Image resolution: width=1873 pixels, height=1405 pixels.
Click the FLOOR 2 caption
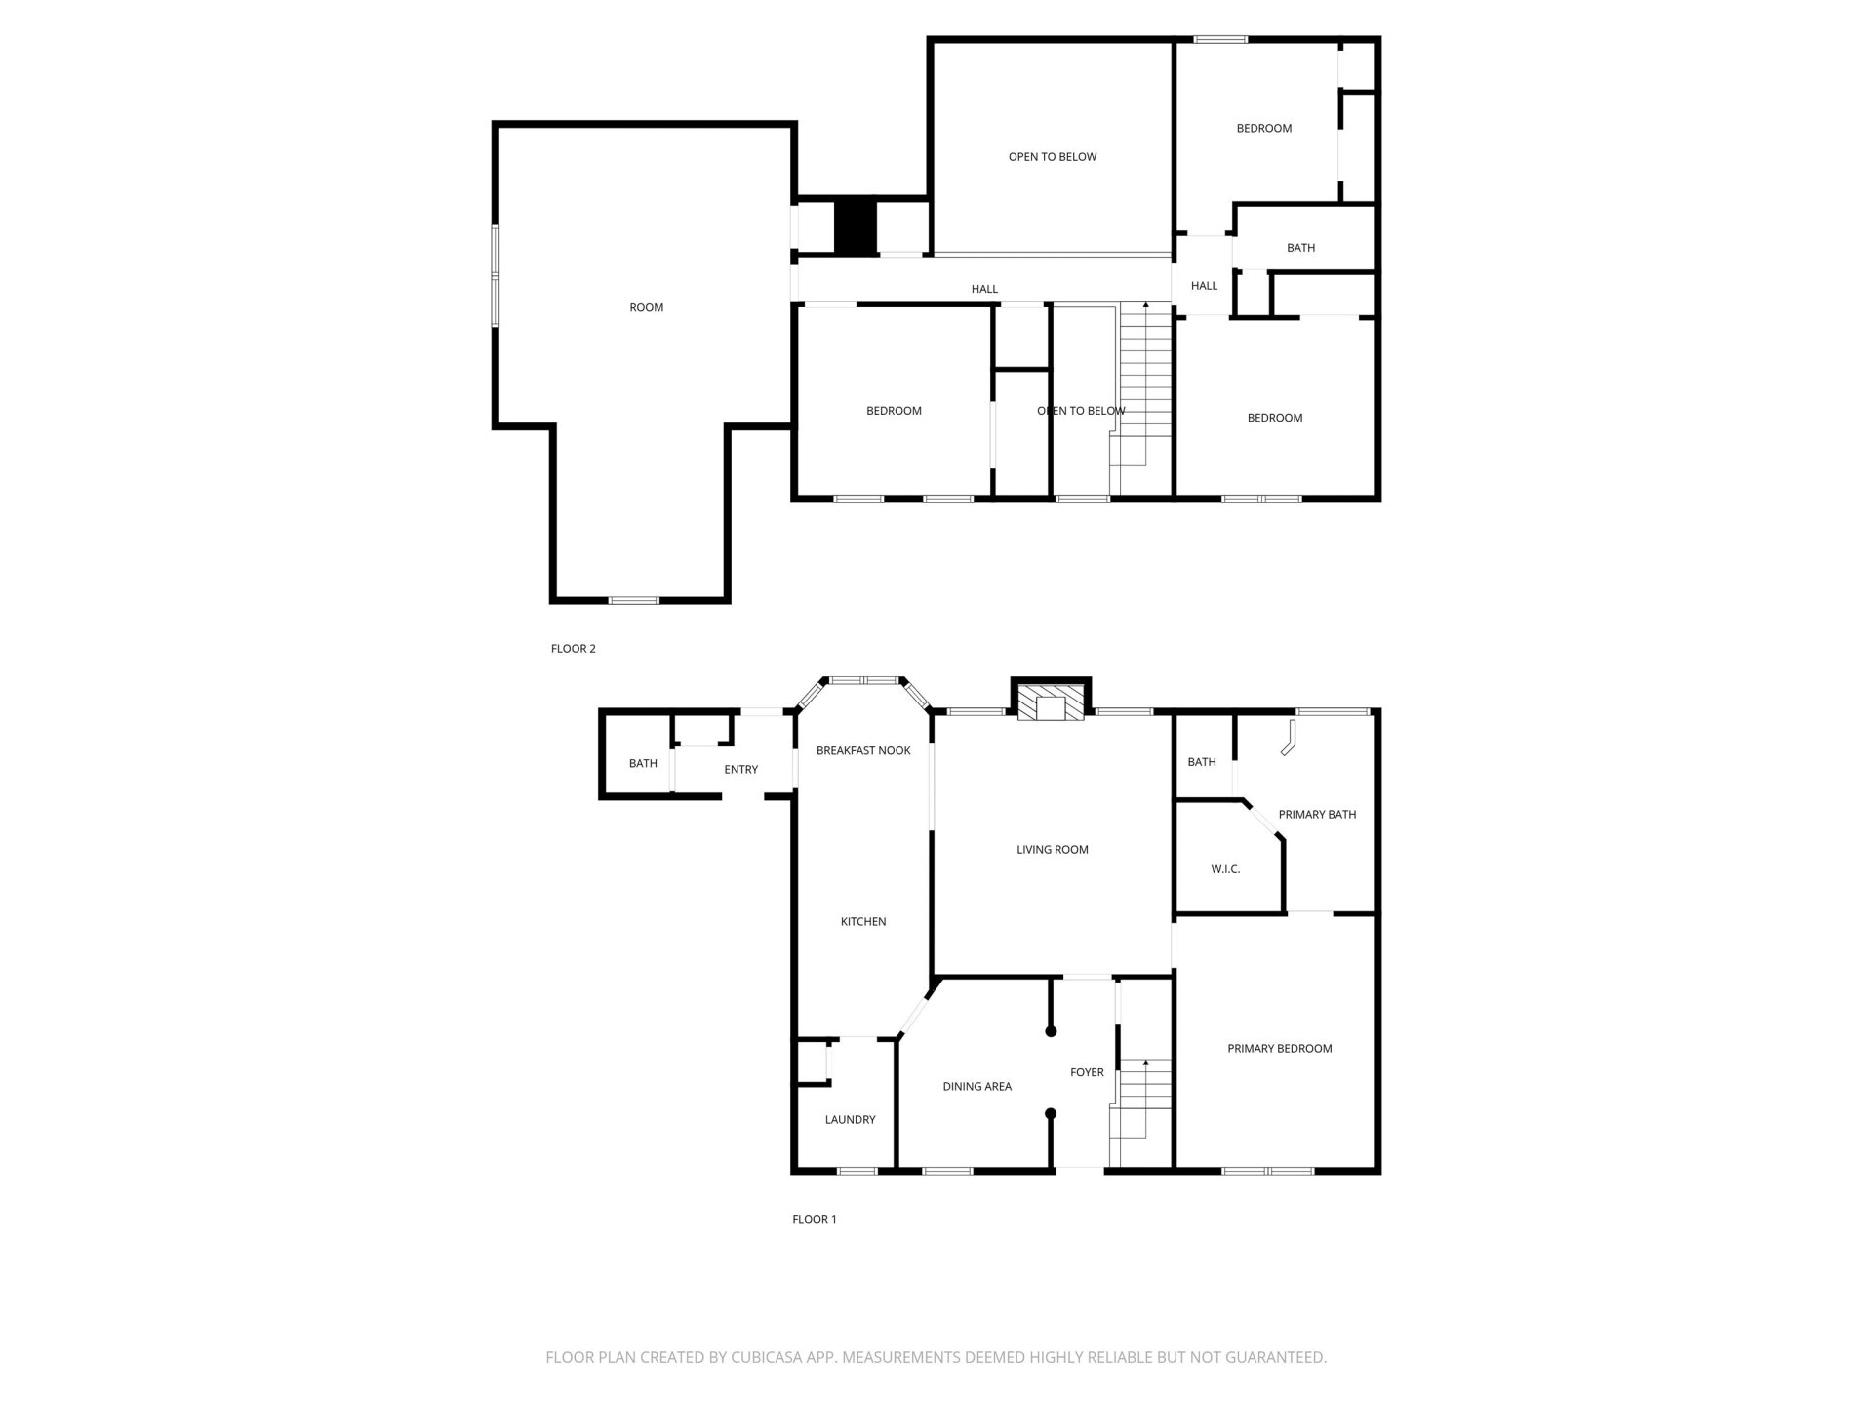(573, 649)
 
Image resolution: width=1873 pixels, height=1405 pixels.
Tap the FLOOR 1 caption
(814, 1219)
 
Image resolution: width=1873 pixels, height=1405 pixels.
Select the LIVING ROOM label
(1052, 850)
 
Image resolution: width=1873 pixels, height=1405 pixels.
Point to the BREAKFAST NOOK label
(863, 750)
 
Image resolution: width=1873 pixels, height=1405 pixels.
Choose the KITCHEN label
(863, 921)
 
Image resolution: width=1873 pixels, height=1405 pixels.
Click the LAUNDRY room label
(850, 1120)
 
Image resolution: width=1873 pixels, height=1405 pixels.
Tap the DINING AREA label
(976, 1086)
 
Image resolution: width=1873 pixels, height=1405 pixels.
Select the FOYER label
(1087, 1072)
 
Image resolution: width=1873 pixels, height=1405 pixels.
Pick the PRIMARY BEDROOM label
(1279, 1049)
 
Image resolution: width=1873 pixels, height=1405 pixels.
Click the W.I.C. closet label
(1225, 869)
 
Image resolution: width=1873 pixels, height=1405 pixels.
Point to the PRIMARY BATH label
(1317, 815)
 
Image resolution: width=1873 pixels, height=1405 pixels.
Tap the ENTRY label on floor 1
(740, 770)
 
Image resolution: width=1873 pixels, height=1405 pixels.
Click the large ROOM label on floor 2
(646, 308)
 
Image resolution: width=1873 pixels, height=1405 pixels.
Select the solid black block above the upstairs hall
(856, 228)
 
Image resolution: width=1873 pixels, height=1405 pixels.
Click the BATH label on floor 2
(1300, 248)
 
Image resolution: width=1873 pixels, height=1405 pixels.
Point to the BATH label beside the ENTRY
(643, 764)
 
